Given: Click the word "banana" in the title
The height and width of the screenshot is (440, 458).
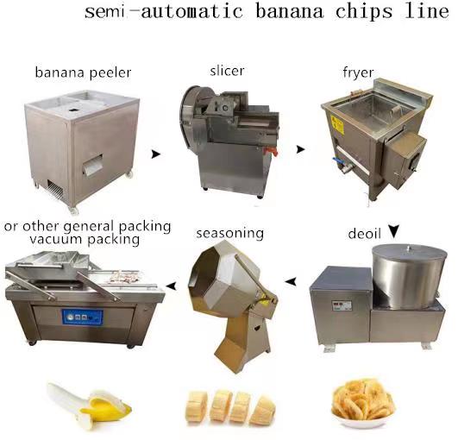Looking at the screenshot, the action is pyautogui.click(x=290, y=12).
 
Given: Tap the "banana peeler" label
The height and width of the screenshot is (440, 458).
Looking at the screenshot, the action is pyautogui.click(x=83, y=72).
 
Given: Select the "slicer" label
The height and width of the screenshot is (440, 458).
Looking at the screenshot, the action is pyautogui.click(x=227, y=71).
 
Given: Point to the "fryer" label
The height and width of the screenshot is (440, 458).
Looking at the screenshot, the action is pyautogui.click(x=358, y=72).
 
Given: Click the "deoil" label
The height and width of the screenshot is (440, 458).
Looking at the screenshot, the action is pyautogui.click(x=365, y=234).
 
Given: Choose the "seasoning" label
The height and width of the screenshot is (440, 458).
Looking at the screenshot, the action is pyautogui.click(x=230, y=234).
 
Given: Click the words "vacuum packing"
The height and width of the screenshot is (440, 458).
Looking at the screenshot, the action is pyautogui.click(x=85, y=240).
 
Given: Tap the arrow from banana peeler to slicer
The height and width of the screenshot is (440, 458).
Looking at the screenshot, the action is pyautogui.click(x=155, y=154).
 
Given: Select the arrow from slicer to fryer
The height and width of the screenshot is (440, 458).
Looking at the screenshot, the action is pyautogui.click(x=300, y=149).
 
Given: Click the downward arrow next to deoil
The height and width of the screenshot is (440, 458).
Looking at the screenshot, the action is pyautogui.click(x=394, y=231).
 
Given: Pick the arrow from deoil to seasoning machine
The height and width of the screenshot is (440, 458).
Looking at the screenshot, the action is pyautogui.click(x=291, y=281).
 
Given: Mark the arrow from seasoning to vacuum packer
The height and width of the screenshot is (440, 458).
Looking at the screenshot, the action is pyautogui.click(x=171, y=286).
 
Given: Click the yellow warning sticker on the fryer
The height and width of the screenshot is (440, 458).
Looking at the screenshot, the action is pyautogui.click(x=337, y=125).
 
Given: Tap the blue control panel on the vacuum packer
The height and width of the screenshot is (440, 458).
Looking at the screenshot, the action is pyautogui.click(x=82, y=317).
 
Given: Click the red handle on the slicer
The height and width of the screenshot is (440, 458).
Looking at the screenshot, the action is pyautogui.click(x=271, y=151).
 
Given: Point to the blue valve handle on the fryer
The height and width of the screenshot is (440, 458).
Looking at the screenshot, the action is pyautogui.click(x=337, y=160).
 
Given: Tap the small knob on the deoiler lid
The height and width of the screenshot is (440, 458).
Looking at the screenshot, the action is pyautogui.click(x=409, y=248).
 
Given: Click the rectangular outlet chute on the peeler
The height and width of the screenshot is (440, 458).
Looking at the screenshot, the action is pyautogui.click(x=92, y=166).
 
